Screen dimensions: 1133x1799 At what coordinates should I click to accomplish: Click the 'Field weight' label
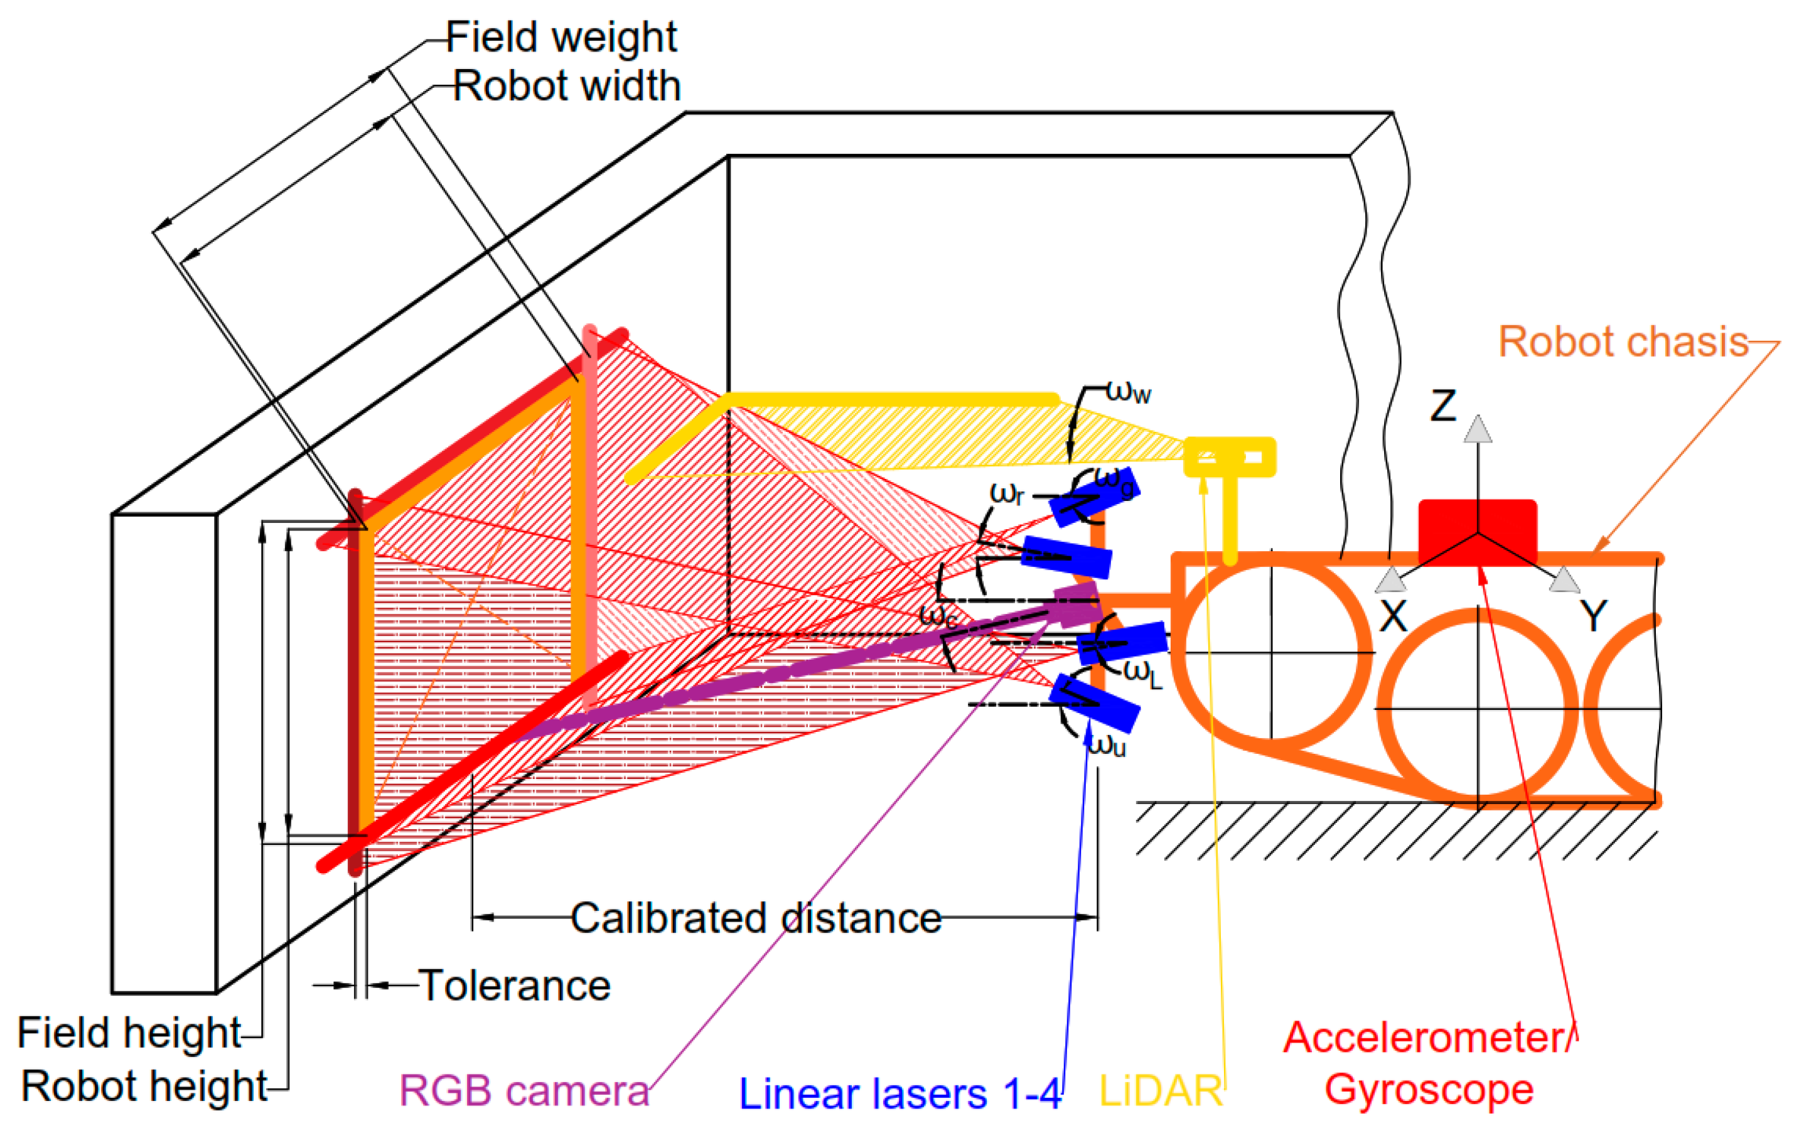[x=561, y=37]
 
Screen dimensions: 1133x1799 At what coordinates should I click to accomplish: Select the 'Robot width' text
[x=566, y=86]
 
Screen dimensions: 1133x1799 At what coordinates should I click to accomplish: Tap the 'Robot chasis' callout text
[x=1623, y=342]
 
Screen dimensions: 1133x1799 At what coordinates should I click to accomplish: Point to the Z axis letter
[x=1442, y=406]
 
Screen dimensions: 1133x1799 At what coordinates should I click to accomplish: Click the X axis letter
[x=1394, y=617]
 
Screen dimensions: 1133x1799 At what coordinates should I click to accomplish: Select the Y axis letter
[x=1594, y=617]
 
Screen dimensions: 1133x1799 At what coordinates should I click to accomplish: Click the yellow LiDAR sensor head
[x=1230, y=456]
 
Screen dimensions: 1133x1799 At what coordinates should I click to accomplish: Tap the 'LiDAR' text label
[x=1160, y=1091]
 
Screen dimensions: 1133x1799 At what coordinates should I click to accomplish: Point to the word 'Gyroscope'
[x=1429, y=1089]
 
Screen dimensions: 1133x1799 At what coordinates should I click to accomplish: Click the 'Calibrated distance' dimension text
[x=756, y=918]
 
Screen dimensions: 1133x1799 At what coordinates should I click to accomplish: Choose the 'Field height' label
[x=129, y=1033]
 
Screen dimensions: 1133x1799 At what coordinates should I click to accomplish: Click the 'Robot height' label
[x=144, y=1085]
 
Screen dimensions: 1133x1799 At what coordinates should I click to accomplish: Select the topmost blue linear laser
[x=1095, y=496]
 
